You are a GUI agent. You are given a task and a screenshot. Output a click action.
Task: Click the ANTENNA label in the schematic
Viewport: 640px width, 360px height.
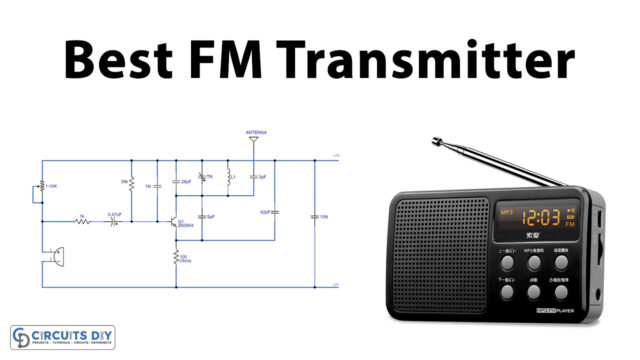pyautogui.click(x=256, y=132)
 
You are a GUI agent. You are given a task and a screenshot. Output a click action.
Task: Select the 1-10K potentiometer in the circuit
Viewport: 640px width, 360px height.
pyautogui.click(x=43, y=187)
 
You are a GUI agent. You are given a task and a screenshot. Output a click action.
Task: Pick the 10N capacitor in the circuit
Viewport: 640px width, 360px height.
pyautogui.click(x=314, y=216)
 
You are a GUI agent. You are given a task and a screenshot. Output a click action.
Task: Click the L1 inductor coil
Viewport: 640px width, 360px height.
pyautogui.click(x=228, y=176)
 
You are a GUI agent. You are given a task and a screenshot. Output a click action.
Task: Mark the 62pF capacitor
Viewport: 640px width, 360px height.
pyautogui.click(x=275, y=212)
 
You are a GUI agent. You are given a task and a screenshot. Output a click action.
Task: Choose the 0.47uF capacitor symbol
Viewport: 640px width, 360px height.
pyautogui.click(x=113, y=222)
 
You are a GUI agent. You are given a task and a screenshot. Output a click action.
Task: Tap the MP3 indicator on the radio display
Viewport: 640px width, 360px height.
pyautogui.click(x=506, y=212)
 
